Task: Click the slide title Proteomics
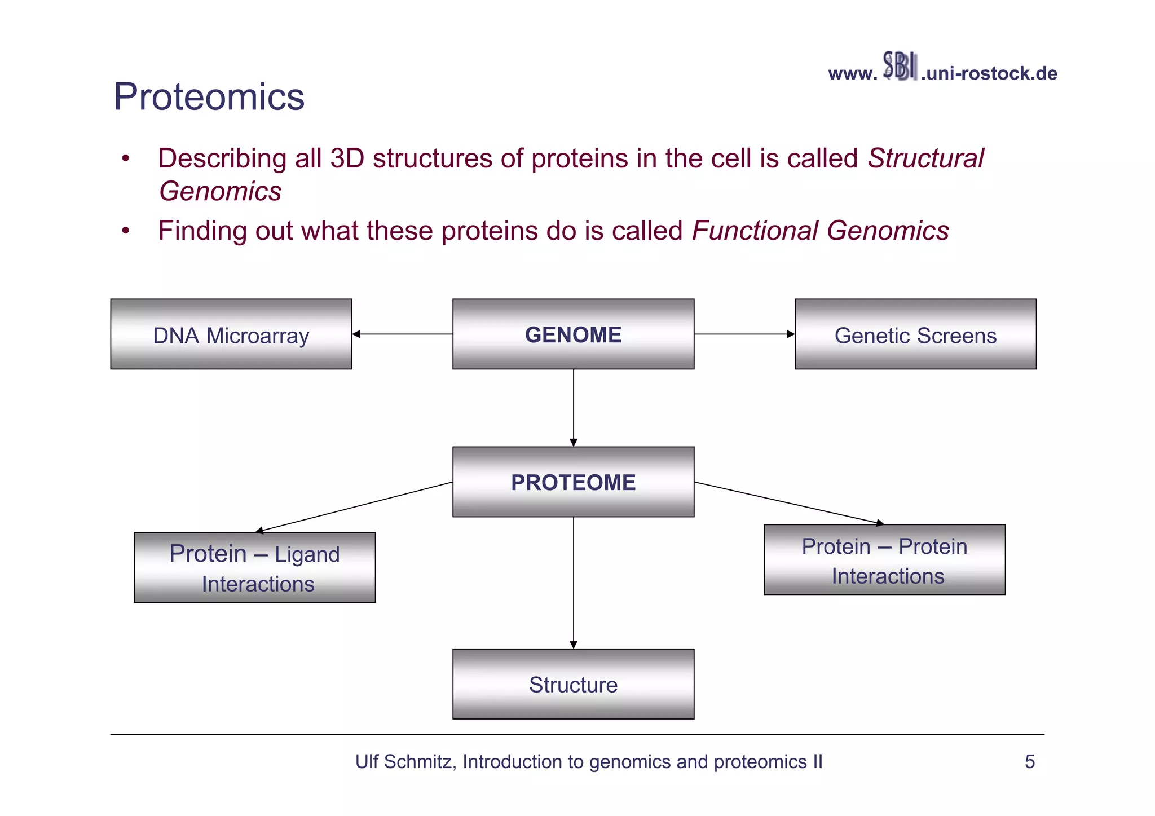click(209, 97)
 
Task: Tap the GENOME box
click(573, 334)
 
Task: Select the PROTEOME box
click(573, 482)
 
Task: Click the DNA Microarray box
click(231, 334)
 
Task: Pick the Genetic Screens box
click(915, 334)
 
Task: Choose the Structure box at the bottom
click(573, 684)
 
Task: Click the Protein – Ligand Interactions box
click(254, 567)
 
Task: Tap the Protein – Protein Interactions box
click(884, 560)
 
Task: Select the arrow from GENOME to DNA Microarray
click(402, 334)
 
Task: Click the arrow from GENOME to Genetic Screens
click(744, 334)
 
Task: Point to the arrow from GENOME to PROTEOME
click(573, 408)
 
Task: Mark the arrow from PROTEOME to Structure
click(573, 583)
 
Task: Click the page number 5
click(1029, 762)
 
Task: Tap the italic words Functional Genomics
click(820, 231)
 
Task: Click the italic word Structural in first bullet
click(925, 158)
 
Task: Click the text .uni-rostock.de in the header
click(989, 74)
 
